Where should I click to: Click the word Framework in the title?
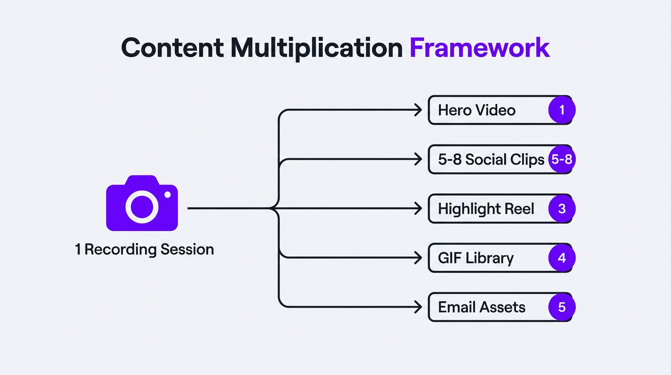click(x=479, y=48)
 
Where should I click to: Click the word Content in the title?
click(x=172, y=48)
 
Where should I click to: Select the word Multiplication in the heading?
click(x=316, y=48)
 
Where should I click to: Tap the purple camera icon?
click(x=142, y=203)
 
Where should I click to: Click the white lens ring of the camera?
click(x=142, y=207)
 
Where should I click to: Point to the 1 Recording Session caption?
click(x=144, y=250)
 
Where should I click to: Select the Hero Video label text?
click(x=476, y=110)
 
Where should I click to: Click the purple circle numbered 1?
click(x=562, y=110)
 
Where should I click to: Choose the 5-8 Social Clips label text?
click(x=491, y=160)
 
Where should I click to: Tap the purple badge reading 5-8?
click(x=561, y=160)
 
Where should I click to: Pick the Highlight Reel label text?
click(x=486, y=209)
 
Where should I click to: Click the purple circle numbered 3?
click(x=562, y=209)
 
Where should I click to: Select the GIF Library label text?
click(x=475, y=258)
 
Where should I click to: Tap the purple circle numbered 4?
click(x=562, y=258)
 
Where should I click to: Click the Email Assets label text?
click(x=481, y=307)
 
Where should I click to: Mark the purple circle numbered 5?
click(x=562, y=307)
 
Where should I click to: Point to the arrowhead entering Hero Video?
click(x=418, y=110)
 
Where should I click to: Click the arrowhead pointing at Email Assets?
click(x=418, y=307)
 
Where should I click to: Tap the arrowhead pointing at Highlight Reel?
click(x=418, y=209)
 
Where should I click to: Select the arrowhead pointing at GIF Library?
click(x=418, y=258)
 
